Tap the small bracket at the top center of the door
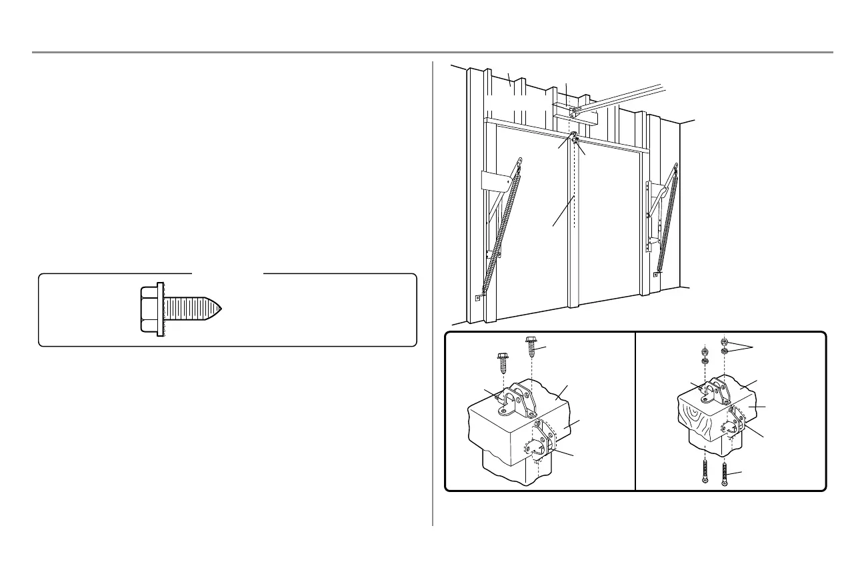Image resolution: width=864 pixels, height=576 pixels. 574,139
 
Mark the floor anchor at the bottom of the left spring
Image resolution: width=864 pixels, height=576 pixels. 478,298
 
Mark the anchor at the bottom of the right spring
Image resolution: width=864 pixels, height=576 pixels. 657,274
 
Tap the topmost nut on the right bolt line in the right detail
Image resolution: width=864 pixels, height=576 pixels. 724,342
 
